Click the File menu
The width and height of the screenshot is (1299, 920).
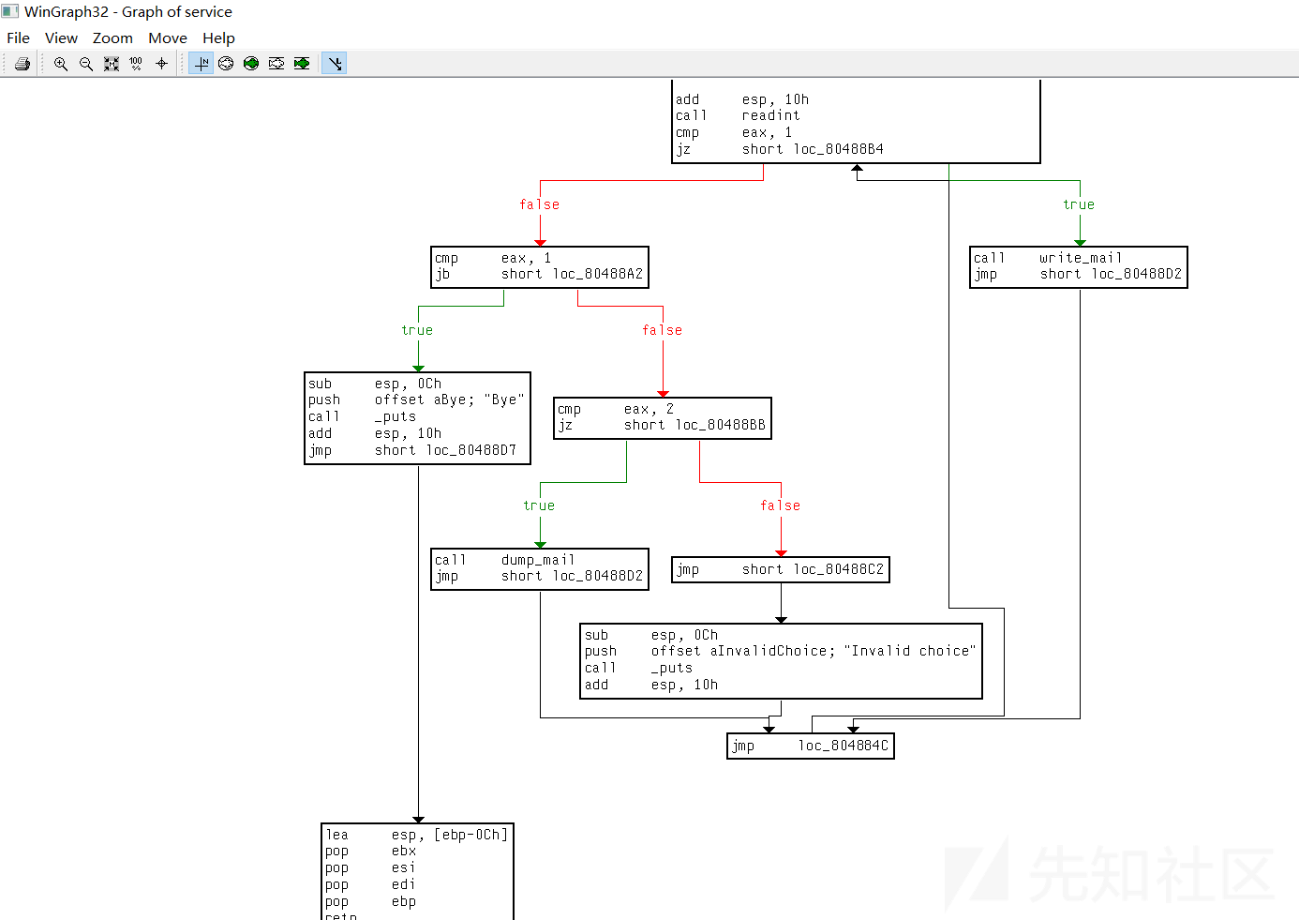[x=19, y=38]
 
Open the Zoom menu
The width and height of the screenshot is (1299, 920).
[x=112, y=38]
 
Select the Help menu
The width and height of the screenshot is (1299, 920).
[x=218, y=38]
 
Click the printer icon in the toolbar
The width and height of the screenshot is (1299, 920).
[x=22, y=64]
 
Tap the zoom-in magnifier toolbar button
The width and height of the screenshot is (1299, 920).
[x=61, y=64]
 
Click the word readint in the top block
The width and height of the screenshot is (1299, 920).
[x=770, y=116]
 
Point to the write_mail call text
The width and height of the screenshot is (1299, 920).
[x=1080, y=258]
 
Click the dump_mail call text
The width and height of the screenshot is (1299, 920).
[x=537, y=560]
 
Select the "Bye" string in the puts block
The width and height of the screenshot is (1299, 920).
[x=504, y=400]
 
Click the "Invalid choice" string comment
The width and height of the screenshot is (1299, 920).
[x=909, y=652]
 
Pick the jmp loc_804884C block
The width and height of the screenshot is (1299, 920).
[x=811, y=747]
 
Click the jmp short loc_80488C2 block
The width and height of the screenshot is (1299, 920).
[x=781, y=570]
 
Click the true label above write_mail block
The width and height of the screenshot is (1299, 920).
[x=1079, y=205]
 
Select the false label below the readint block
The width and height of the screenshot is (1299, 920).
[x=539, y=205]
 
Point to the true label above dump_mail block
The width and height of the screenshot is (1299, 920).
[x=539, y=506]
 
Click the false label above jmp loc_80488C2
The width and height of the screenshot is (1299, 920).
[x=780, y=506]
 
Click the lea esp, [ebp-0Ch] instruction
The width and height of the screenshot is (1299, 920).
[x=416, y=836]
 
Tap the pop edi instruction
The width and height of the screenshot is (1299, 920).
[x=370, y=885]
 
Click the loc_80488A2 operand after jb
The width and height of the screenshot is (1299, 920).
[x=598, y=275]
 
